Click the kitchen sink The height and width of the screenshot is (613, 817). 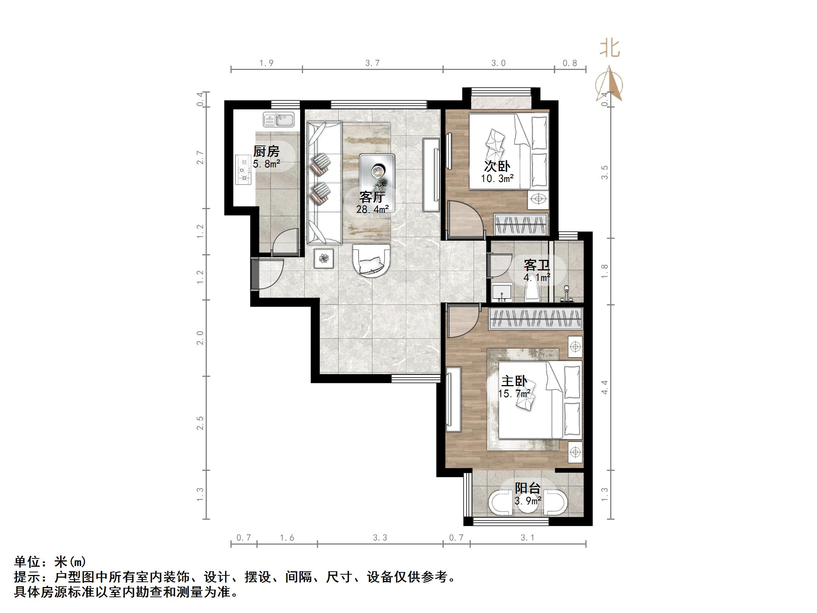tap(279, 120)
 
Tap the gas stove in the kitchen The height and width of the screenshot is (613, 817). tap(244, 170)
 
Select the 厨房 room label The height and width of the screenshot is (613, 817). tap(266, 152)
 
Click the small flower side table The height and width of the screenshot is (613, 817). tap(324, 258)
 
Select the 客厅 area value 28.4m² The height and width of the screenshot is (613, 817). tap(373, 209)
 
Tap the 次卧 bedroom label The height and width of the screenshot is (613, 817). tap(497, 166)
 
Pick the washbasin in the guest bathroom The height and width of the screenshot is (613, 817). tap(502, 293)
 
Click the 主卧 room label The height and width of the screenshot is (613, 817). tap(514, 381)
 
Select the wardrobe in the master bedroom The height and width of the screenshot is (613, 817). tap(536, 319)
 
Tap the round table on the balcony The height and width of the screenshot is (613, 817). tap(528, 503)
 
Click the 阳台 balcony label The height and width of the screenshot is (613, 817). tap(528, 488)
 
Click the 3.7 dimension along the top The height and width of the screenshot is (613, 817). tap(373, 63)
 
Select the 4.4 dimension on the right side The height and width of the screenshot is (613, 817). tap(605, 387)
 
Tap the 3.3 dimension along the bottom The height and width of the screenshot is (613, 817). tap(380, 538)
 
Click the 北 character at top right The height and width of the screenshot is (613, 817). tap(609, 49)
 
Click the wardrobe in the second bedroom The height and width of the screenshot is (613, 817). tap(521, 225)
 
